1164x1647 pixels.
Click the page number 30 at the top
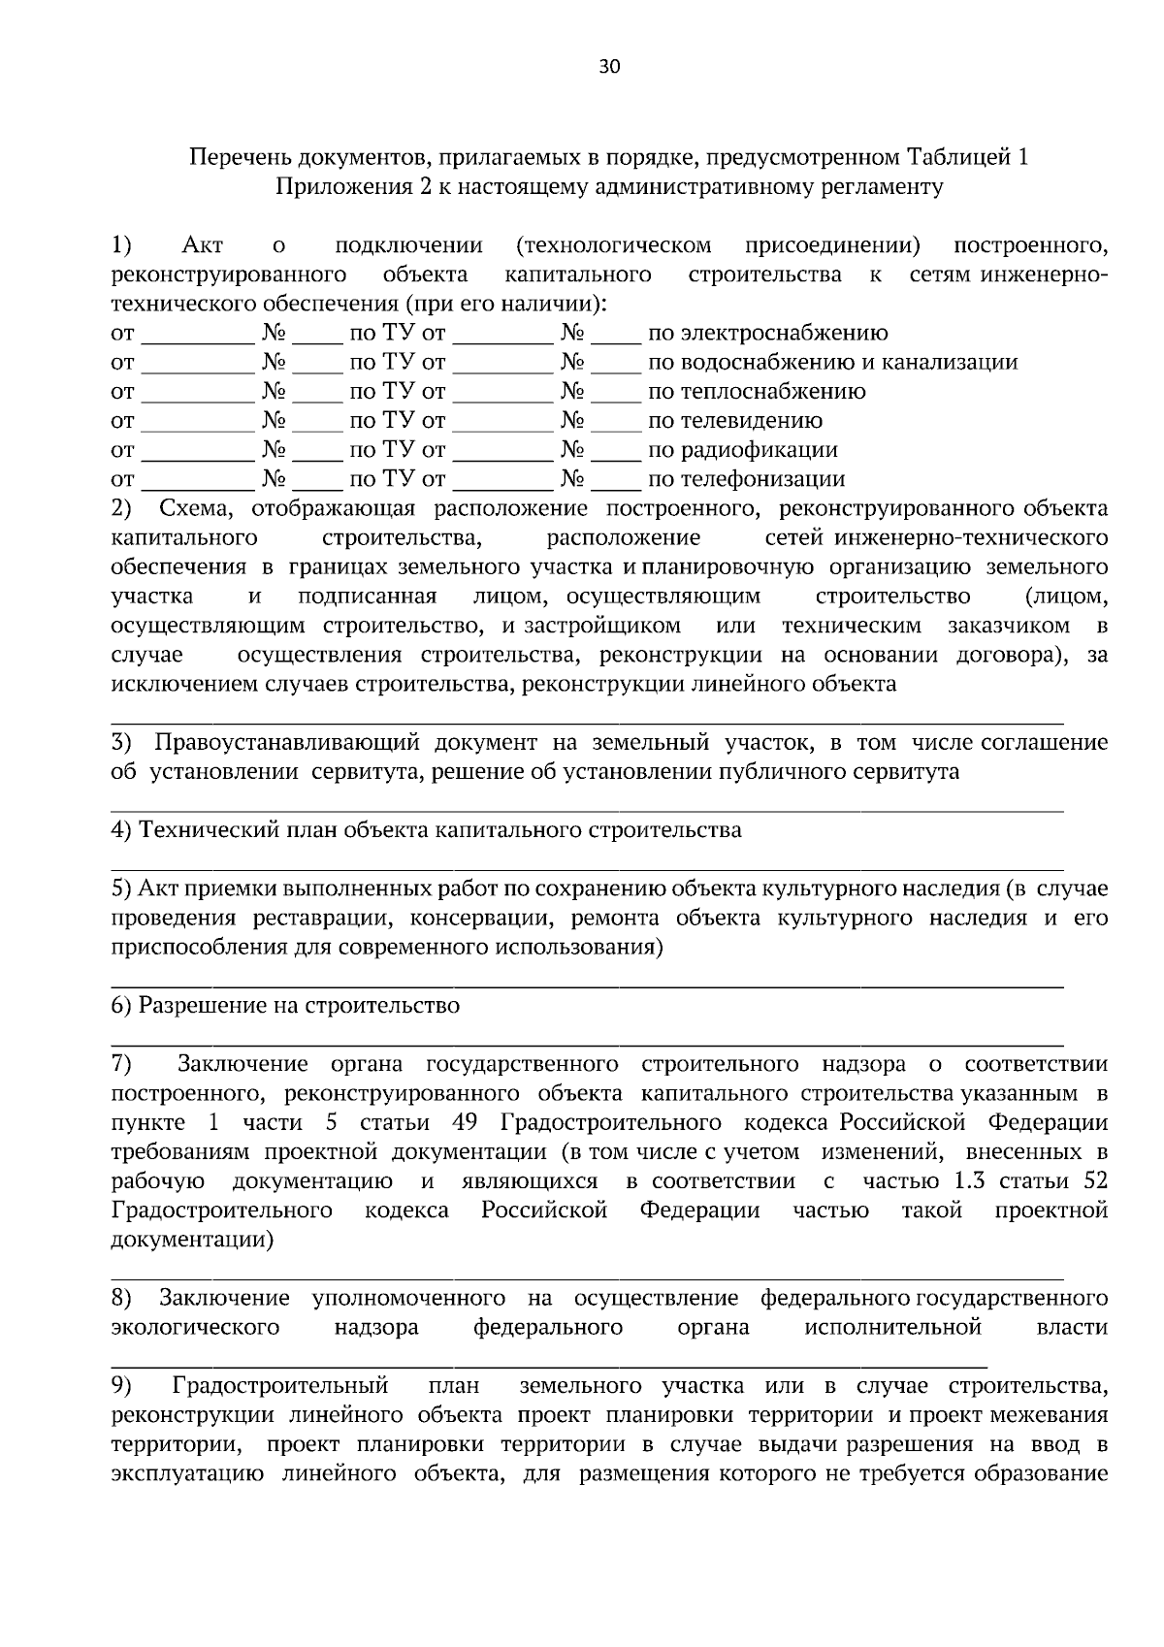(609, 67)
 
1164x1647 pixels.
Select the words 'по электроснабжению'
(767, 334)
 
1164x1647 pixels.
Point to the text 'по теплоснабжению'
(757, 392)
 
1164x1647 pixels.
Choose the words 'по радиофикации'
(742, 450)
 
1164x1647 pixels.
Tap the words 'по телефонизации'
(746, 479)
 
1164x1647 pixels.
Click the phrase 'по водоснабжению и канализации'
(832, 363)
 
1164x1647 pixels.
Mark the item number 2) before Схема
(121, 508)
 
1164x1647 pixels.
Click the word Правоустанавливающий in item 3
(284, 743)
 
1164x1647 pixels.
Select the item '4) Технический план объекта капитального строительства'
(426, 830)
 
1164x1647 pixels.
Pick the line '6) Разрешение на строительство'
(285, 1006)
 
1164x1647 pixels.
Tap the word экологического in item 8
(196, 1328)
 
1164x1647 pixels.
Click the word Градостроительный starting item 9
(280, 1386)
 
